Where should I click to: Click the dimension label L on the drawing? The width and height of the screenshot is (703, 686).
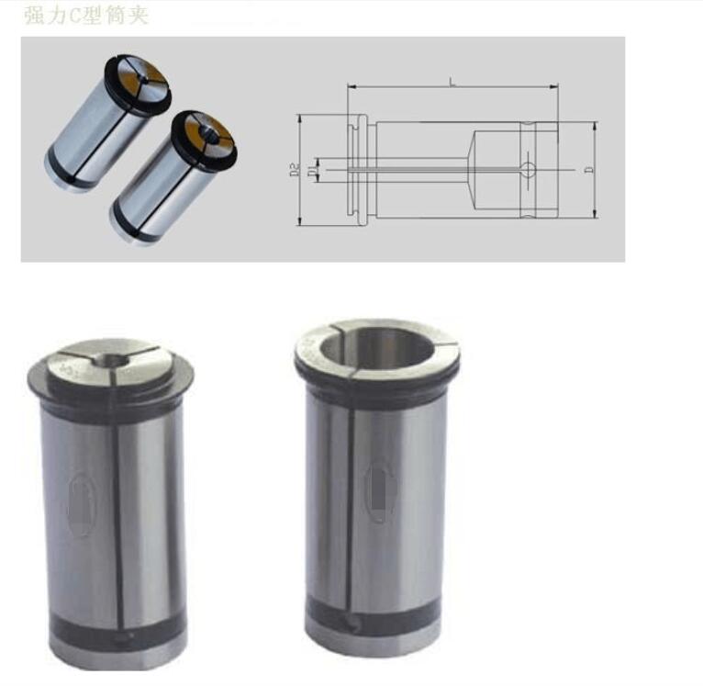click(452, 82)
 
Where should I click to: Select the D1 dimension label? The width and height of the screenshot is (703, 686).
click(314, 170)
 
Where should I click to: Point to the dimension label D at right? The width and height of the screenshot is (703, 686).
click(588, 170)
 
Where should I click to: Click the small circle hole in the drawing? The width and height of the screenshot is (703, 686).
click(529, 169)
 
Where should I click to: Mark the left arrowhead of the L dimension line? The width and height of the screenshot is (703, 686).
click(351, 88)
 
